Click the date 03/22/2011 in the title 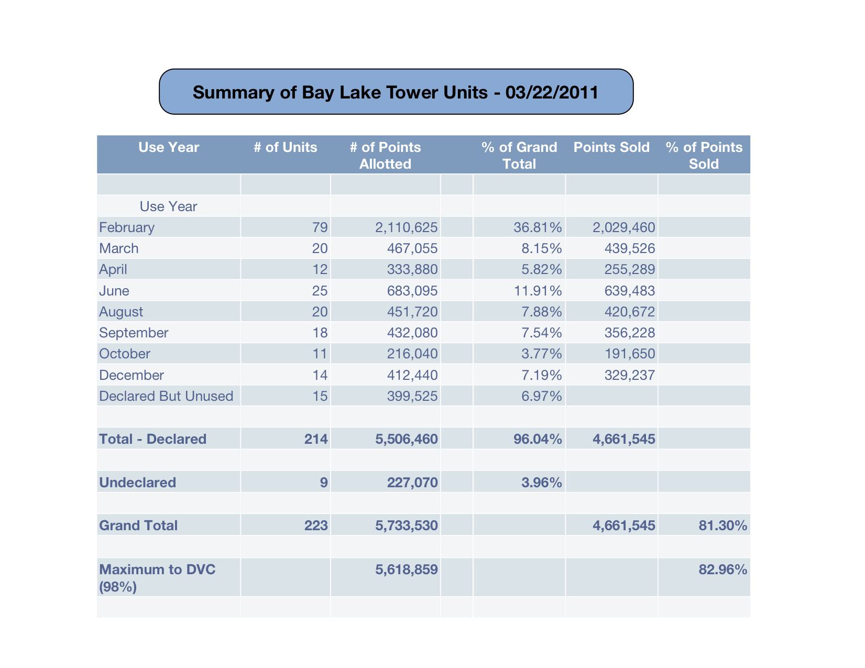coord(551,92)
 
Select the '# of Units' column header coord(285,147)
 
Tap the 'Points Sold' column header coord(611,147)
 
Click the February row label coord(127,228)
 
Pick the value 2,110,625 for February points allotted coord(406,227)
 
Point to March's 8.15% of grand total coord(541,248)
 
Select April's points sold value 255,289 coord(629,269)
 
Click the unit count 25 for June coord(320,291)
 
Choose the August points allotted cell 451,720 coord(412,312)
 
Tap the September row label coord(134,333)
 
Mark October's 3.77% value coord(541,354)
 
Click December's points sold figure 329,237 coord(629,375)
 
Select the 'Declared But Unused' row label coord(166,396)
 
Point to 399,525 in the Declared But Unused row coord(412,396)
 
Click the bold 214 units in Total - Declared coord(316,439)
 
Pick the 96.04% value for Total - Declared coord(538,439)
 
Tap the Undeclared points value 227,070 coord(412,483)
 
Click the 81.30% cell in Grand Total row coord(722,525)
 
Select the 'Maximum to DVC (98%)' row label coord(157,578)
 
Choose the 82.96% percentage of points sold coord(722,570)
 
